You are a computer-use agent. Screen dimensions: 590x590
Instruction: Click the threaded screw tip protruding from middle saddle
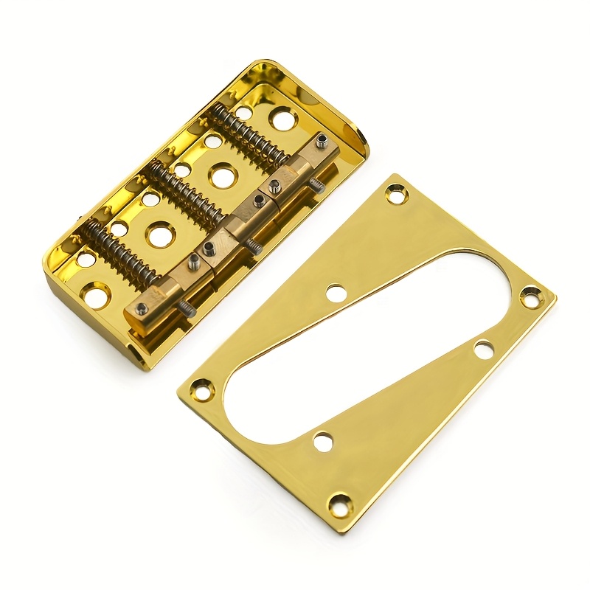(x=254, y=248)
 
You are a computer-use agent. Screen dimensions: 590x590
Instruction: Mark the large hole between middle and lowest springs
(x=158, y=235)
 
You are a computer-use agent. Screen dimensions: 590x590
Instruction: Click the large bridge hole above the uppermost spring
(x=281, y=118)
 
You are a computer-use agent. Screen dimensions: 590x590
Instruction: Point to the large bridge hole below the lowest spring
(x=95, y=296)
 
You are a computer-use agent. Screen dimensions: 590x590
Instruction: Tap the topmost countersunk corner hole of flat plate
(x=397, y=195)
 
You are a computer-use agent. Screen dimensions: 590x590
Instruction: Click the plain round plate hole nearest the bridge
(x=336, y=292)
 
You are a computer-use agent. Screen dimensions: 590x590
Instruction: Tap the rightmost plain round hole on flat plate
(x=484, y=350)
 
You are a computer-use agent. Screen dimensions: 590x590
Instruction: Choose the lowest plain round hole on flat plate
(x=322, y=442)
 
